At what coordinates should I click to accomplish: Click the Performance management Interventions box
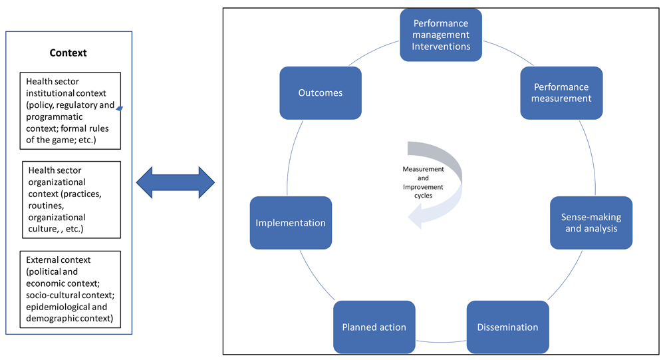[441, 35]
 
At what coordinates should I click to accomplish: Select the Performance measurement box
[562, 92]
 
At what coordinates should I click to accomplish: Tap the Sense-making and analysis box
[591, 222]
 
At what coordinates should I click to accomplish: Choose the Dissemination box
[507, 327]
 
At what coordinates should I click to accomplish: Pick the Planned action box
[374, 327]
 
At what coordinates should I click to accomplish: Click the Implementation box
[291, 222]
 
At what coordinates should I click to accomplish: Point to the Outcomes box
[321, 92]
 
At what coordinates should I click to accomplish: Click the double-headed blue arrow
[175, 180]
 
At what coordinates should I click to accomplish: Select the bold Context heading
[68, 53]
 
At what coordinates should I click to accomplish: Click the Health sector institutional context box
[70, 110]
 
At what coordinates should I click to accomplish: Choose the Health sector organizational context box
[71, 199]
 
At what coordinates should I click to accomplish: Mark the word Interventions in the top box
[441, 47]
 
